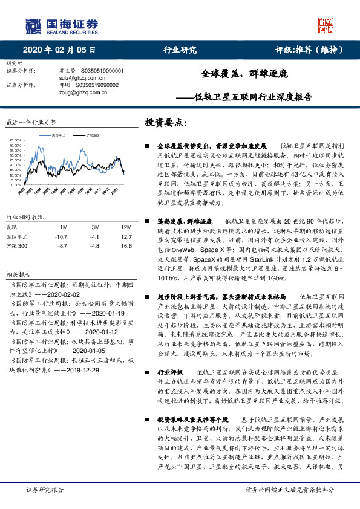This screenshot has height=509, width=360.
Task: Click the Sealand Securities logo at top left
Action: tap(60, 25)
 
